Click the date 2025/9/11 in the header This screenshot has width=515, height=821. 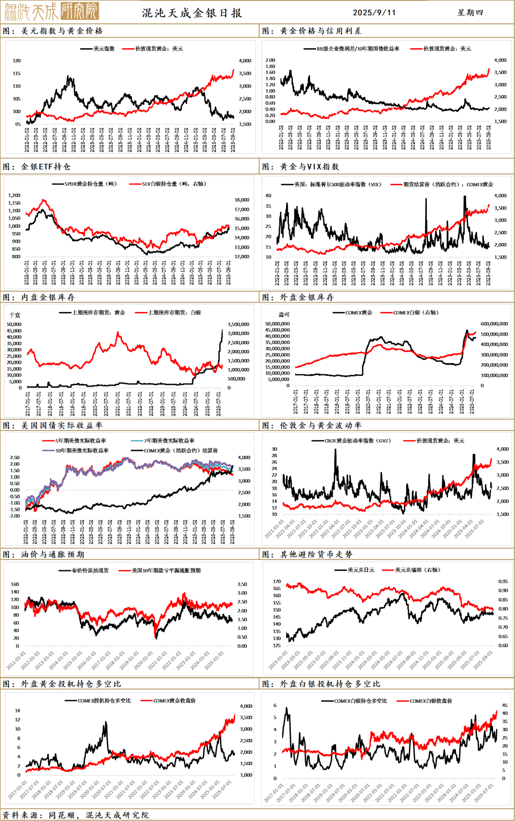[374, 13]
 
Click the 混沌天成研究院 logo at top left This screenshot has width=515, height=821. [51, 11]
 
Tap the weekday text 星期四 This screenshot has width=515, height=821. [470, 13]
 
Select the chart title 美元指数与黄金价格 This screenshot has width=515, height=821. [62, 31]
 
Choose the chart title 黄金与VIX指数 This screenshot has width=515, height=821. [309, 167]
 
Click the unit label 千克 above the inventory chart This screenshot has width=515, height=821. [15, 315]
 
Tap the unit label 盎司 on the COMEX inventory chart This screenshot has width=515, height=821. [284, 315]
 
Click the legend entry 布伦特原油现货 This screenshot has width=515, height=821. [90, 570]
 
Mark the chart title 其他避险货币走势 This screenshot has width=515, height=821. [316, 554]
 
